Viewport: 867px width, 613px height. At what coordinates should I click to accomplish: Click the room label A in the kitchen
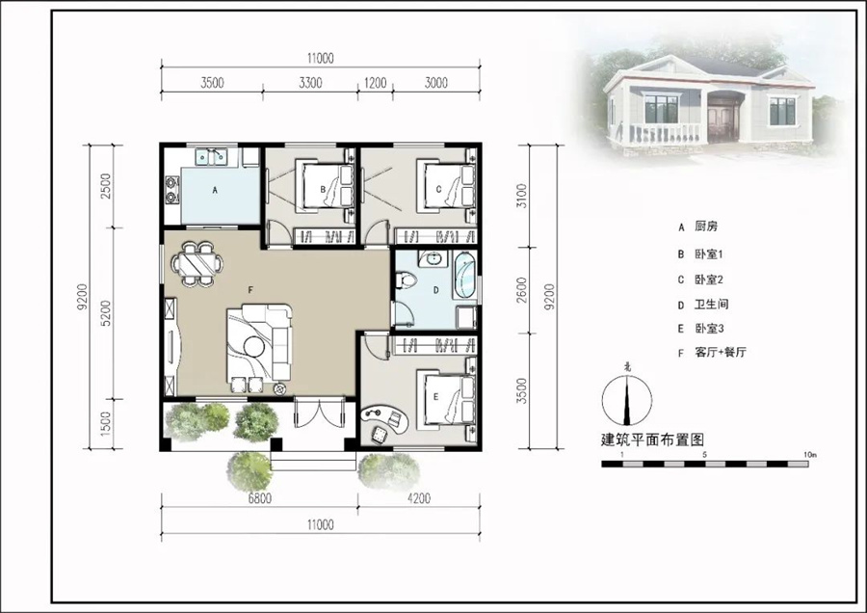(x=215, y=190)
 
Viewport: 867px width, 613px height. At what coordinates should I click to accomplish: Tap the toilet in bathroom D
(x=406, y=280)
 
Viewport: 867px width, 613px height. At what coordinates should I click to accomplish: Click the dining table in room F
(x=197, y=263)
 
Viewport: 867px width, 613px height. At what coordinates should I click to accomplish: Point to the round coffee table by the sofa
(x=253, y=347)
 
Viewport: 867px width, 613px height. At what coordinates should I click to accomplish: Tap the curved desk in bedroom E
(x=385, y=418)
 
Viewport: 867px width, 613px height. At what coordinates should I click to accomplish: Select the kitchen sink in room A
(x=211, y=156)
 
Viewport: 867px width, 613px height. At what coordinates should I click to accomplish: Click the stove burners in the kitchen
(x=172, y=189)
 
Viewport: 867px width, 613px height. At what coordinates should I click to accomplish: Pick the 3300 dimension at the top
(x=310, y=83)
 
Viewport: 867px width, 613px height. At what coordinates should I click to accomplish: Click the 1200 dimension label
(x=375, y=83)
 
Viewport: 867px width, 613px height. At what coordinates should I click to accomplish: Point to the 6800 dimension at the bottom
(x=259, y=498)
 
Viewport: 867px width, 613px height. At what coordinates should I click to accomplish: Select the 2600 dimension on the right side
(x=521, y=290)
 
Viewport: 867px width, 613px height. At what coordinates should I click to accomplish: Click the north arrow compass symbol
(x=626, y=400)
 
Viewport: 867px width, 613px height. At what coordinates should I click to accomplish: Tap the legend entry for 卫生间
(x=712, y=305)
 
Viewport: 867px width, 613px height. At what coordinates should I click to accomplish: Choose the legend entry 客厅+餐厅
(x=720, y=353)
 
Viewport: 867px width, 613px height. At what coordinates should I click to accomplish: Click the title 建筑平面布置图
(x=652, y=440)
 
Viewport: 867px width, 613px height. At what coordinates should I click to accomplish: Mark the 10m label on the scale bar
(x=810, y=455)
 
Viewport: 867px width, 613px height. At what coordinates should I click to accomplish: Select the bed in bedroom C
(x=445, y=186)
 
